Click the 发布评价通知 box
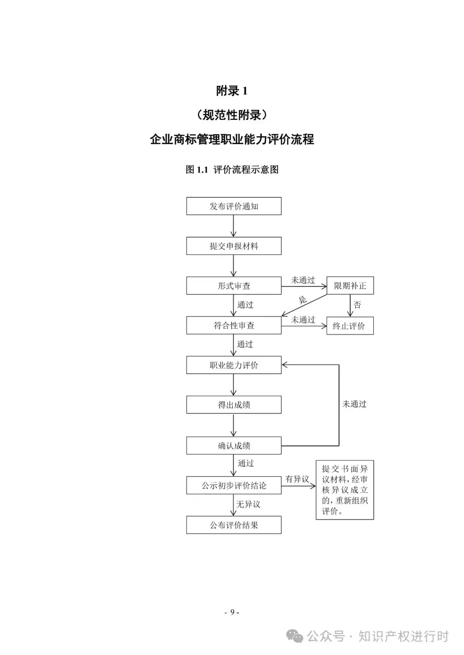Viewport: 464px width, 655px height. pos(234,206)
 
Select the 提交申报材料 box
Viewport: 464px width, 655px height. pos(234,246)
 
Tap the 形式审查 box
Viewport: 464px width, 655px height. pos(234,286)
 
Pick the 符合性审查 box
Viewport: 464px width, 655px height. pos(234,325)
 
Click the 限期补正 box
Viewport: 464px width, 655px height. pos(350,285)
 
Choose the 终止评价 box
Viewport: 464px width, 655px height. pos(350,326)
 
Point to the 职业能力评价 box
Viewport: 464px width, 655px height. pos(234,365)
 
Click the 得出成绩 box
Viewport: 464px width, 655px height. pos(234,405)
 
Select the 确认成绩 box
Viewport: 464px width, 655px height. pos(234,446)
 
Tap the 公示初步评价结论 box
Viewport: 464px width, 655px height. pos(234,485)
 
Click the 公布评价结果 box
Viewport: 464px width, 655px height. pos(234,525)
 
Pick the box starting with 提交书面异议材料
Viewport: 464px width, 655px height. pos(345,490)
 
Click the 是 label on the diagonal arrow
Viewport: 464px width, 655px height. pos(303,300)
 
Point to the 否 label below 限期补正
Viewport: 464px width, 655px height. pos(357,305)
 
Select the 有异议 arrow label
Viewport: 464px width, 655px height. pos(297,479)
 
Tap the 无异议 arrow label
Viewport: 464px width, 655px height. pos(248,504)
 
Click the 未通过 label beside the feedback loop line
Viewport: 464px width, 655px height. pos(354,404)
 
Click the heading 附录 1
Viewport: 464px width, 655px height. pos(232,91)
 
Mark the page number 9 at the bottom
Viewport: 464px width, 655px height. pos(232,612)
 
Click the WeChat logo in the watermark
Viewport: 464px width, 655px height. pos(295,636)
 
